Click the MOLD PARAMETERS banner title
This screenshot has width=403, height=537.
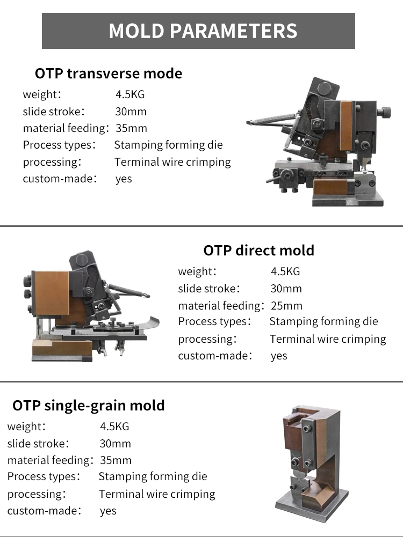[203, 31]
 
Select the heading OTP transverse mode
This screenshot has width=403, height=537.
[109, 73]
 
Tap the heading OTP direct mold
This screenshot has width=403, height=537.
[258, 251]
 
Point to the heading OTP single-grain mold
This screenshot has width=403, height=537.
[89, 406]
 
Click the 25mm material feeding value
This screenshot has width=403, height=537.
[286, 305]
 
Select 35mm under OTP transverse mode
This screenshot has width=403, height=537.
[131, 128]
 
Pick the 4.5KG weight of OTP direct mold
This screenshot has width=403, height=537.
[285, 271]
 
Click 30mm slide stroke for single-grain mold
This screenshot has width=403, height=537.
[115, 444]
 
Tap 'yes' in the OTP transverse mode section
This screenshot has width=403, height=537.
[124, 179]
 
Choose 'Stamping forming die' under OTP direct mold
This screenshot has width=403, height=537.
[323, 321]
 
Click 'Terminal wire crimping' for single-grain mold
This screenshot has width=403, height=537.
[157, 494]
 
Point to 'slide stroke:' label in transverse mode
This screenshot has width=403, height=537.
[54, 111]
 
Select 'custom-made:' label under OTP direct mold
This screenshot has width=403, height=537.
[215, 356]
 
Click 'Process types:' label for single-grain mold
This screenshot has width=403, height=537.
[44, 476]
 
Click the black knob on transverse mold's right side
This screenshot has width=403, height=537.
[385, 112]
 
